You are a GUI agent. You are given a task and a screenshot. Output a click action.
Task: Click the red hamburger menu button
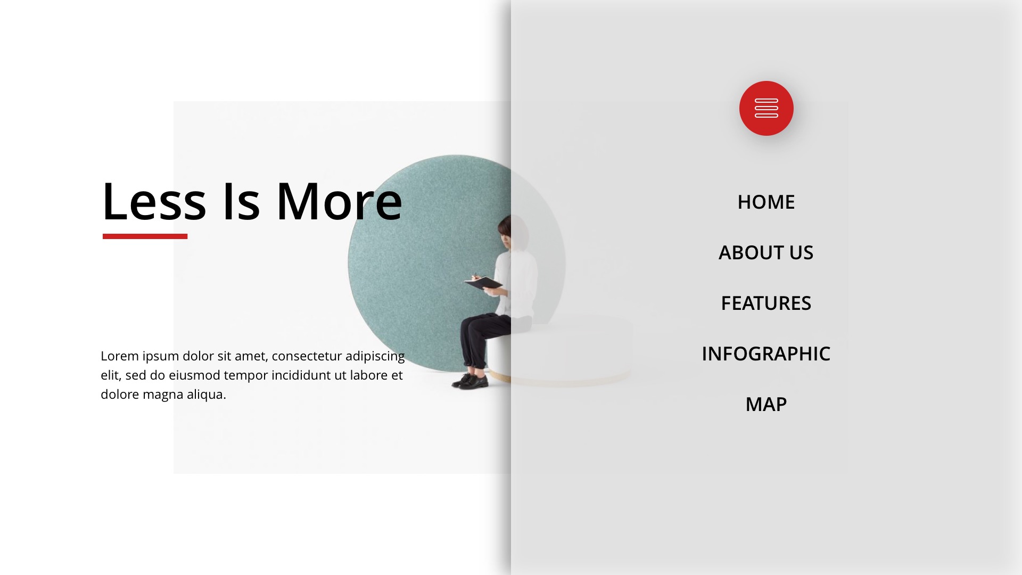pos(766,108)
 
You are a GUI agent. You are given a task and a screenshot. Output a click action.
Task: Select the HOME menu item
pos(766,202)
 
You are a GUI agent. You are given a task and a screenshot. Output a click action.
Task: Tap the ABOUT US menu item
pos(766,252)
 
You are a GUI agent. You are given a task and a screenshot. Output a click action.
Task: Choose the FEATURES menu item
pos(766,303)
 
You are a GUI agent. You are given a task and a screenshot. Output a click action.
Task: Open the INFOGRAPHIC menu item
pos(766,354)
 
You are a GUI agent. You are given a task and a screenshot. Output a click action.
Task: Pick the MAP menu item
pos(766,404)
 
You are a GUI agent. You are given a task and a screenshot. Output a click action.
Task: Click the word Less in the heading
pos(154,202)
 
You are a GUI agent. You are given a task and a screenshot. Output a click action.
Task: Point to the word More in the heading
pos(339,202)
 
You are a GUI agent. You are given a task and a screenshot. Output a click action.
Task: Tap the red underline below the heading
pos(145,236)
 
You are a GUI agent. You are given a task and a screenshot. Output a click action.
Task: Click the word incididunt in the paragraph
pos(301,375)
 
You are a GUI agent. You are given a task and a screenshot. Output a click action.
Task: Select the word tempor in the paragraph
pos(245,376)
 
